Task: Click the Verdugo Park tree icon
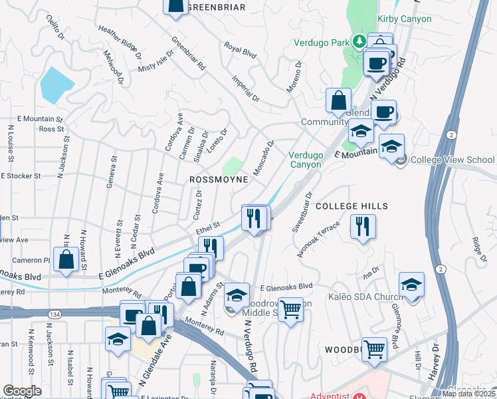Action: tap(359, 42)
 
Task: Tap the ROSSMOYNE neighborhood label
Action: tap(219, 180)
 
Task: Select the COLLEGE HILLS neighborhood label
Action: tap(351, 206)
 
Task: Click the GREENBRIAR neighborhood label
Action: tap(217, 7)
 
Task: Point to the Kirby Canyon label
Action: tap(404, 19)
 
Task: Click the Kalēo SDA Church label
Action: tap(365, 297)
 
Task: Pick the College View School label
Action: tap(452, 160)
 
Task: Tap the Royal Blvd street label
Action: tap(241, 49)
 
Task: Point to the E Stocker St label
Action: tap(21, 176)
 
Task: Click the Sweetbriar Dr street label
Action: tap(302, 213)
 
